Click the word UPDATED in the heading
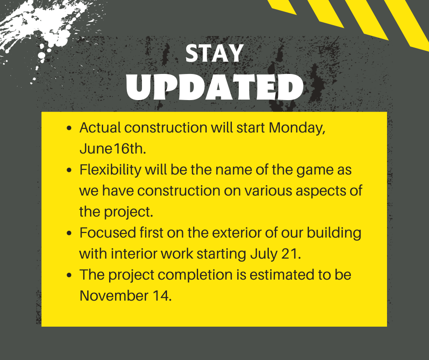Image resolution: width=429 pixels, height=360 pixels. (215, 87)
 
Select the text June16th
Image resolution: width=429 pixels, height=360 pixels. (113, 149)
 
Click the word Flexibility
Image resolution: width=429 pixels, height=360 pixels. (110, 170)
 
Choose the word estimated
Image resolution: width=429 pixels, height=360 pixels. (282, 275)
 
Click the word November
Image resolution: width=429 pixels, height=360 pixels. (114, 296)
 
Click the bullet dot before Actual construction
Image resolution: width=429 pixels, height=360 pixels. (69, 128)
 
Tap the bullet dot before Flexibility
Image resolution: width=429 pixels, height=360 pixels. (69, 170)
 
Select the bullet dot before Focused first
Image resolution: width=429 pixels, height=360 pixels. (69, 233)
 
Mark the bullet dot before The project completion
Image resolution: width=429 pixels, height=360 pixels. (69, 275)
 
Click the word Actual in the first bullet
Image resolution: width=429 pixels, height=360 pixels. (100, 128)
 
